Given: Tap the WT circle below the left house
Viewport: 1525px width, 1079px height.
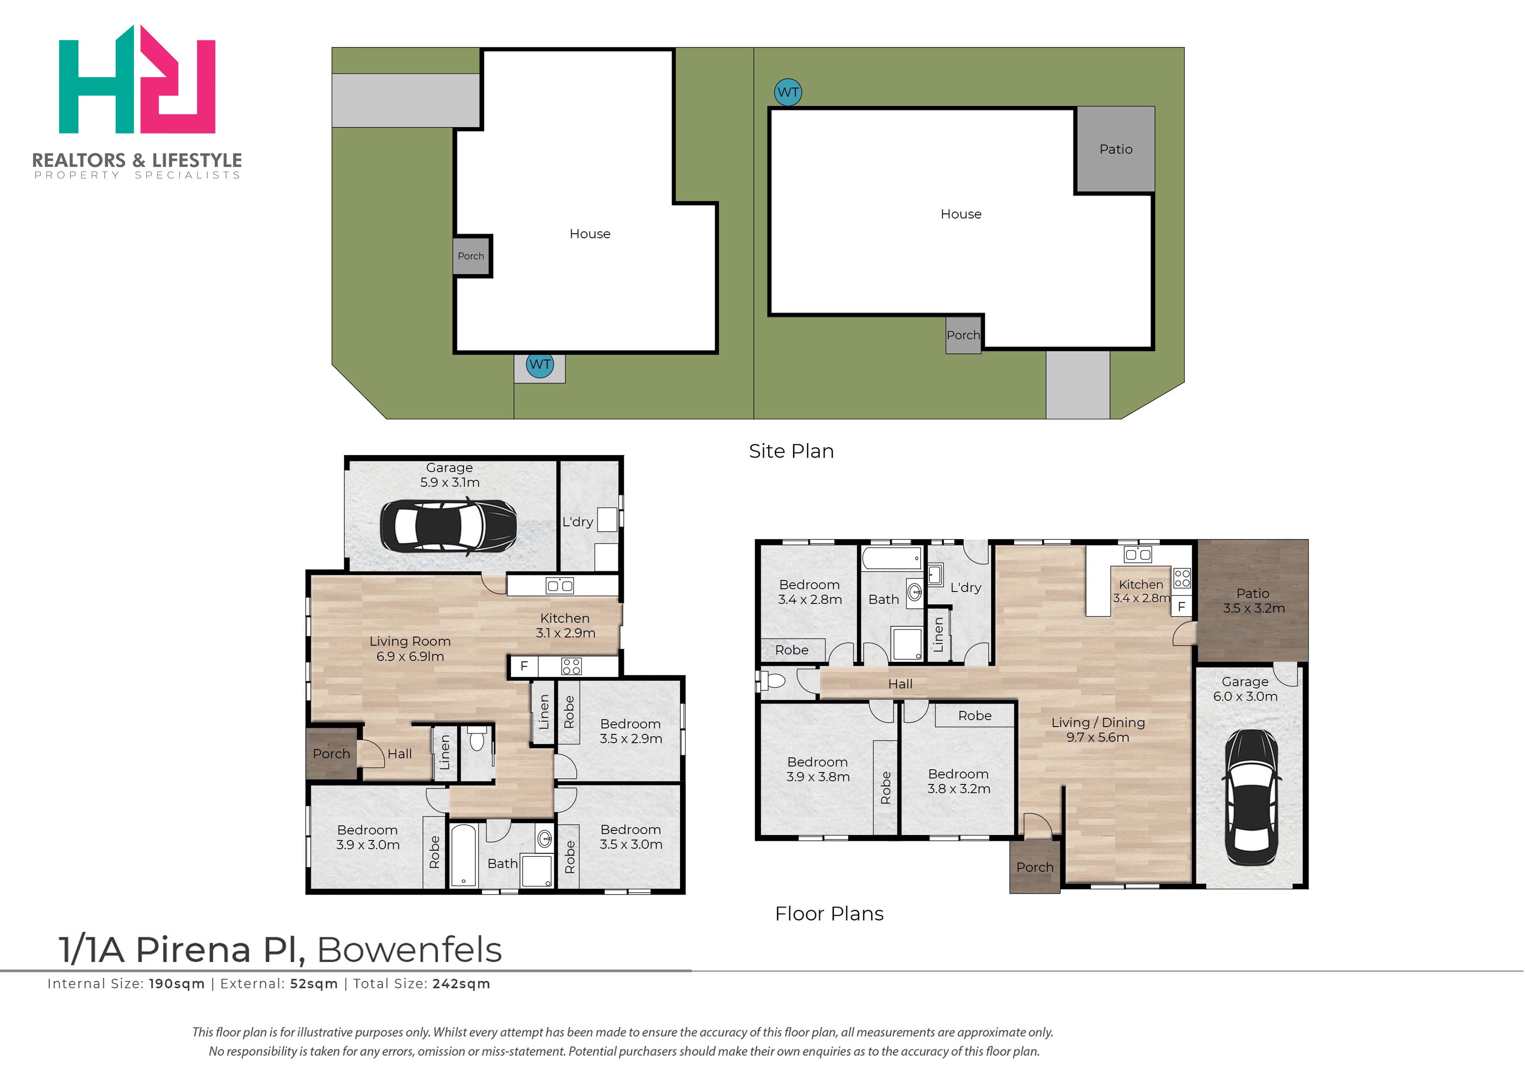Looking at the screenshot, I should point(539,364).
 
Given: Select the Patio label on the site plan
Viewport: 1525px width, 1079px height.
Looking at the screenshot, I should point(1115,149).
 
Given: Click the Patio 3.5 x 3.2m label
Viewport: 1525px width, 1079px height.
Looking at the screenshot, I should point(1253,601).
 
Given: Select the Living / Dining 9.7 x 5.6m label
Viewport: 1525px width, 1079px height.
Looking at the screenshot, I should point(1098,730).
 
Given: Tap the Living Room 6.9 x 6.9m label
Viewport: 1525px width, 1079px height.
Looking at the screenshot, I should point(410,648).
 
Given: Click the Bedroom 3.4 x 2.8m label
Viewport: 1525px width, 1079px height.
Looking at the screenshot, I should point(809,592).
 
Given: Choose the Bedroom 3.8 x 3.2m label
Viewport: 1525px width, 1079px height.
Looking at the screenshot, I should point(958,781).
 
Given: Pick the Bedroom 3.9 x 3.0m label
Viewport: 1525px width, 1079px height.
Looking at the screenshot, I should point(367,837).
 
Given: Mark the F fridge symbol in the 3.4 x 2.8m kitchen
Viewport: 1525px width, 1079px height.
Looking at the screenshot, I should point(1181,606).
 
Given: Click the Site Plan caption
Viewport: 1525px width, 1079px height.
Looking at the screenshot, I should point(791,451).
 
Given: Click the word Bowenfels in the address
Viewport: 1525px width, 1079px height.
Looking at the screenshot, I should point(410,950).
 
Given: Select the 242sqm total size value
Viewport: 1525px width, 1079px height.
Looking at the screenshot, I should point(461,984).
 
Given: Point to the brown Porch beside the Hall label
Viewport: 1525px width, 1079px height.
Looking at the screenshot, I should point(332,754).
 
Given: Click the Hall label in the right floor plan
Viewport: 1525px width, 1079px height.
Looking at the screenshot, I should point(900,684).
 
